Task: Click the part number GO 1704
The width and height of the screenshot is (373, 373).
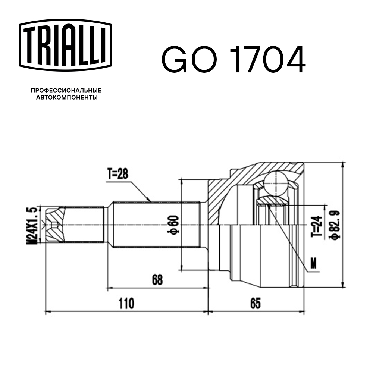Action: pyautogui.click(x=233, y=60)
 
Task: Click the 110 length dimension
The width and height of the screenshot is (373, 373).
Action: pyautogui.click(x=126, y=304)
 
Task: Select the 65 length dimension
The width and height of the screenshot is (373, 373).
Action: pyautogui.click(x=255, y=304)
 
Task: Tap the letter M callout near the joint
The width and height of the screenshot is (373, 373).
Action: pyautogui.click(x=314, y=264)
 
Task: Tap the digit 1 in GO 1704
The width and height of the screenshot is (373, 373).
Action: pyautogui.click(x=239, y=60)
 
